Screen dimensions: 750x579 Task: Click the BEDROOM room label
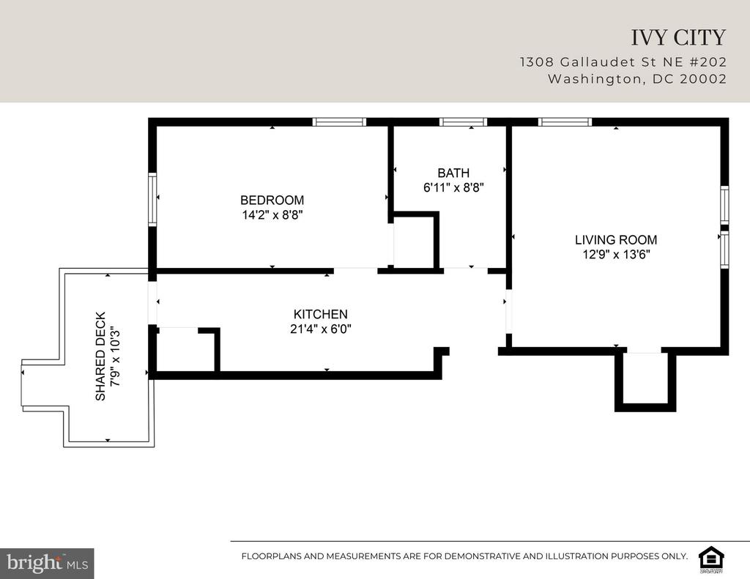272,200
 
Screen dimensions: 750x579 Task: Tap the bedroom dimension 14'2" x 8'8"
272,214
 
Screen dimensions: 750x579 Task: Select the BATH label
453,173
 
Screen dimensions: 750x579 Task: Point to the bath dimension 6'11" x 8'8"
453,187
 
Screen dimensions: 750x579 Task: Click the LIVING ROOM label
616,239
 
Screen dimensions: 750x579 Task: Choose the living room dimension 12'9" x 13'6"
616,254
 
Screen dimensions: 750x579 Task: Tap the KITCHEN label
321,314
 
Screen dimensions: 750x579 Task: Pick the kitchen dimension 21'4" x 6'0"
321,329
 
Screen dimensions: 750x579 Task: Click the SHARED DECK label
100,356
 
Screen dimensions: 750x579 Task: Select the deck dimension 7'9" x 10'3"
115,356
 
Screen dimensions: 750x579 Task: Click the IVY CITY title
678,38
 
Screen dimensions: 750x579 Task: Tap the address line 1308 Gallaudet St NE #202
623,62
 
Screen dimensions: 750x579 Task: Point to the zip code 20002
703,79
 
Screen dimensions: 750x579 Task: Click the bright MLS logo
47,563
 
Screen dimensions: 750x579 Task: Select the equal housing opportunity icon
712,559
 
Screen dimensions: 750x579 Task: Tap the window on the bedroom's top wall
339,122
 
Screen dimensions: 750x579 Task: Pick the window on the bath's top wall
463,122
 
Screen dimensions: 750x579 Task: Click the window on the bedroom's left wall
152,199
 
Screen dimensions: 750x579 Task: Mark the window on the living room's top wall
565,122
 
